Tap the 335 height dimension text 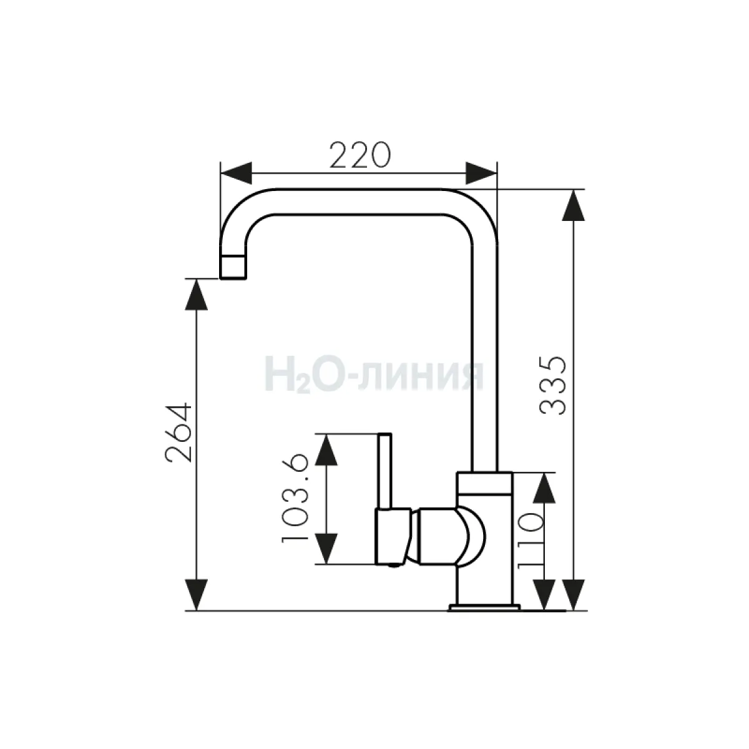[554, 386]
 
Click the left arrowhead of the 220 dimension [235, 174]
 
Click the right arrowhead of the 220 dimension [481, 174]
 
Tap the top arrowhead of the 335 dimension [574, 205]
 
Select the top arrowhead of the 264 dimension [196, 294]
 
